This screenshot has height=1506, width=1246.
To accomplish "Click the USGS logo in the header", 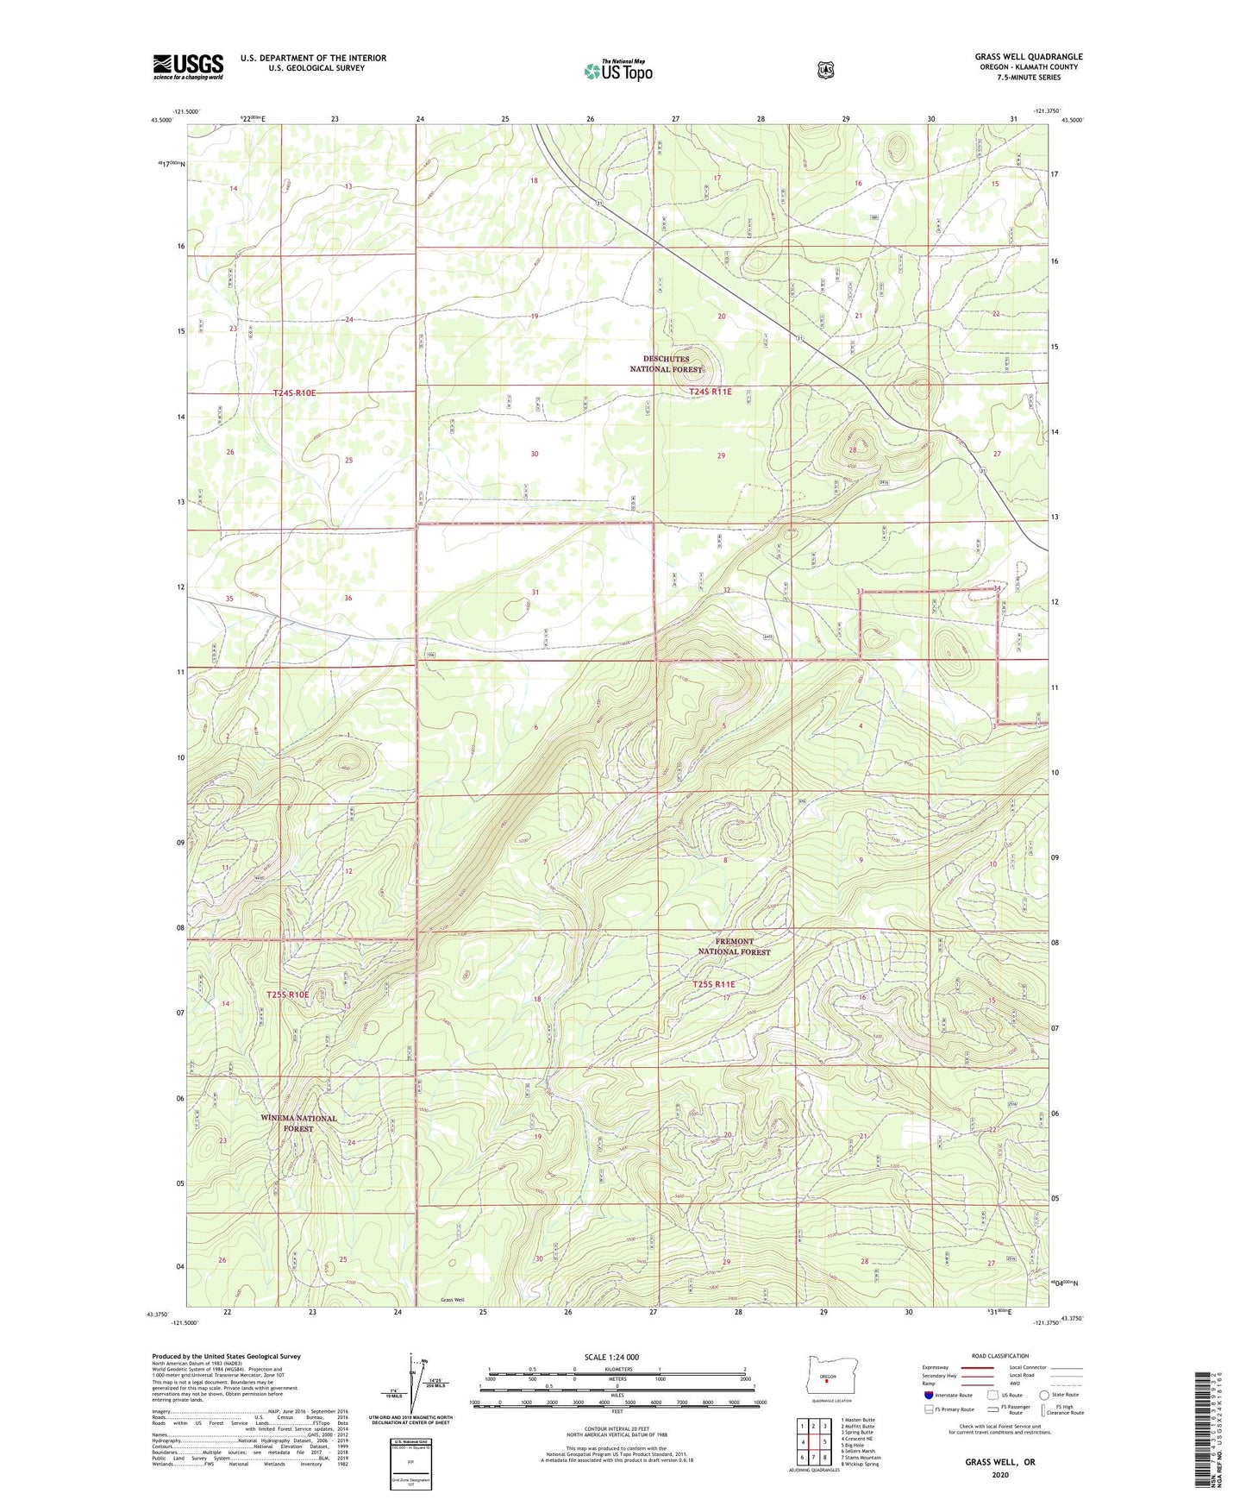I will [x=188, y=66].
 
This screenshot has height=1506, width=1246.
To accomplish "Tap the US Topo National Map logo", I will [x=617, y=70].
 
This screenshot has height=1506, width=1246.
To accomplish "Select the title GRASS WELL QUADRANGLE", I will [x=1029, y=57].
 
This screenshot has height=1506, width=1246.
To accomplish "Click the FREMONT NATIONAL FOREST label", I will [x=733, y=946].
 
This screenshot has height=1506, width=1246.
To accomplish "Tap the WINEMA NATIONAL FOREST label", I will [x=298, y=1123].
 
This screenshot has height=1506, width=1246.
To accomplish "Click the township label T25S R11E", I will [x=714, y=984].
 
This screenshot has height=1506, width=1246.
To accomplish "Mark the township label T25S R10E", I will [x=287, y=995].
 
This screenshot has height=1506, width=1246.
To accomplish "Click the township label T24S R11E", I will [x=711, y=392].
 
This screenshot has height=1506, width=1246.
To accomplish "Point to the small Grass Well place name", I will [x=452, y=1299].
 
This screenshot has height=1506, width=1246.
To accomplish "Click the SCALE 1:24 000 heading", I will [x=611, y=1357].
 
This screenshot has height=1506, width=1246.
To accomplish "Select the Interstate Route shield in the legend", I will [x=929, y=1395].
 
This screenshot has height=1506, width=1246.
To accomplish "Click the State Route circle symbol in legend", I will [x=1044, y=1395].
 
